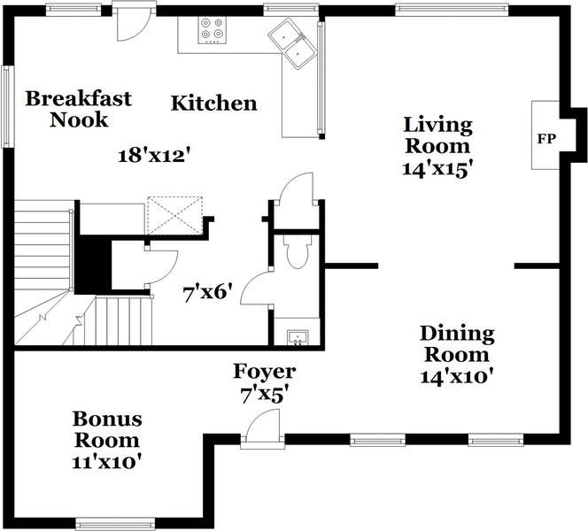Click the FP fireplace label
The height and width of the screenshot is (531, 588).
coord(546,139)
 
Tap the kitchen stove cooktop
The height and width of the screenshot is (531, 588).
coord(212,30)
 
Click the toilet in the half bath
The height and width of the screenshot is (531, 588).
coord(298,251)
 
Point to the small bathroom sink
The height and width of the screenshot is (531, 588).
coord(298,337)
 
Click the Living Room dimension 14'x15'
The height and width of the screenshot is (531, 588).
coord(436,169)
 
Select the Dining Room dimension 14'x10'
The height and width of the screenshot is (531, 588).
coord(456,376)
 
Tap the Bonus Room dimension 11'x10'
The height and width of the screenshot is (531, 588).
coord(107,462)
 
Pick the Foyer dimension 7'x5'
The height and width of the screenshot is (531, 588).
coord(265,396)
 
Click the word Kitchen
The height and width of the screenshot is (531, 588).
coord(214,104)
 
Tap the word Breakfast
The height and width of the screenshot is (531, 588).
coord(79,99)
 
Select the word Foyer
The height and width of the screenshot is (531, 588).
coord(265,372)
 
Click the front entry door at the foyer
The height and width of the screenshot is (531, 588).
coord(262,428)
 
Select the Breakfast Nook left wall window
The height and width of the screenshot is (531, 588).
coord(7,107)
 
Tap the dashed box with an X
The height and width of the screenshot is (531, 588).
coord(175,215)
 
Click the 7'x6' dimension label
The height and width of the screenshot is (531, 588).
coord(205,293)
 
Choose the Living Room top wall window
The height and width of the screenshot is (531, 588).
coord(452,10)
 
